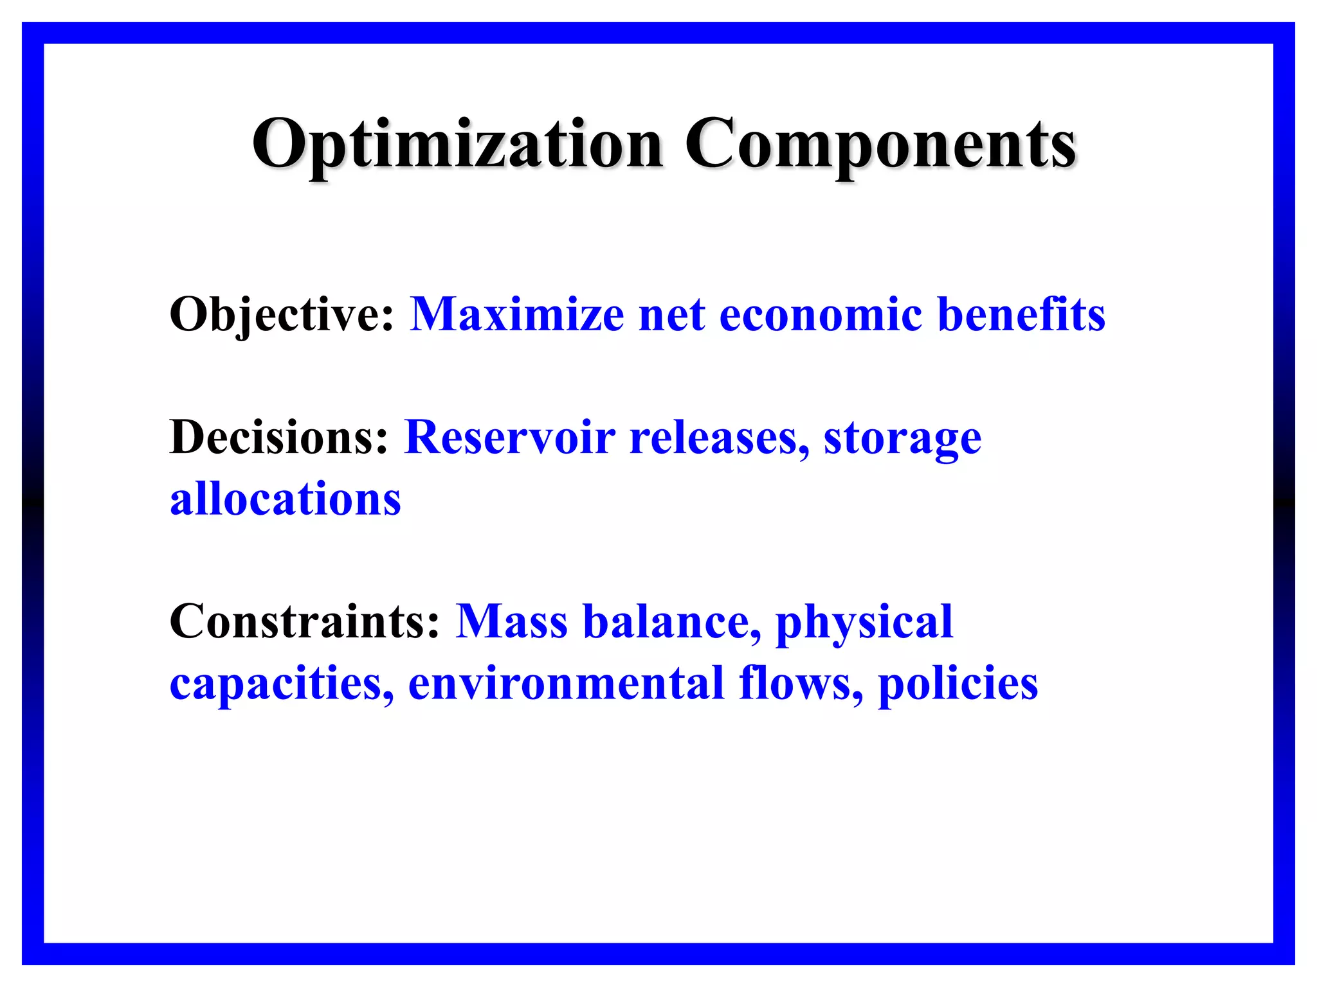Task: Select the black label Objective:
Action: click(281, 315)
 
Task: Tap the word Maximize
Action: click(517, 315)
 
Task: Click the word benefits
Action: click(1021, 315)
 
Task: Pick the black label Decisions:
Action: click(279, 438)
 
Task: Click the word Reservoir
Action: click(509, 438)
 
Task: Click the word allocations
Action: click(285, 499)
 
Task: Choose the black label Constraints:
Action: click(304, 622)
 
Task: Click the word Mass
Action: click(511, 622)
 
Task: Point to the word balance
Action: click(671, 622)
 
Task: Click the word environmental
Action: click(567, 684)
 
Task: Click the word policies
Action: click(958, 684)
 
